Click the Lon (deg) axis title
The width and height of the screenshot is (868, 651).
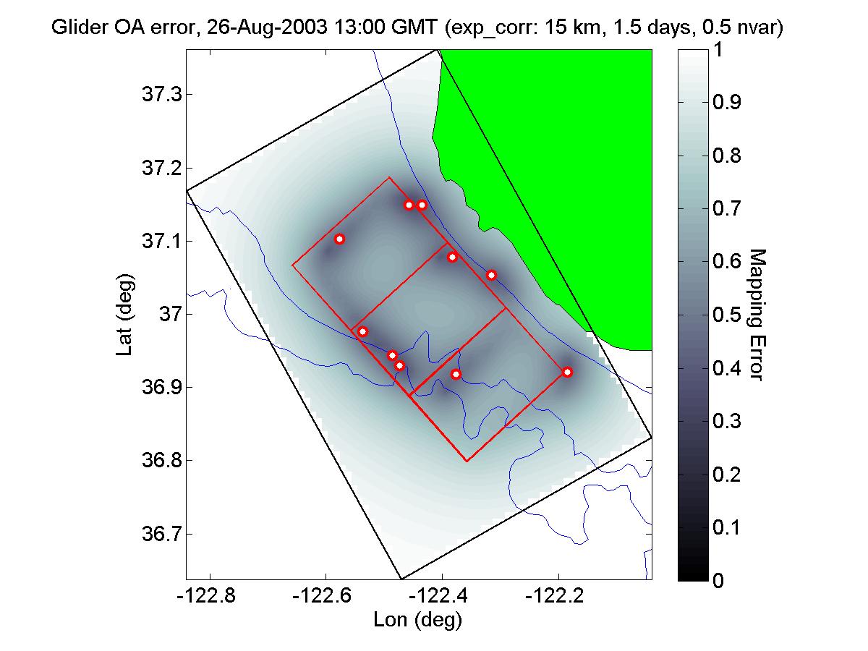(x=417, y=620)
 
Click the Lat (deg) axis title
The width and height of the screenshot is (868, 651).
(x=124, y=314)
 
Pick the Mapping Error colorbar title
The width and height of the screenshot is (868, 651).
(x=755, y=314)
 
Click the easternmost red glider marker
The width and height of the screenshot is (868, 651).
(x=568, y=372)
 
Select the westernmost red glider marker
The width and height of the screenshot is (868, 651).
(x=339, y=239)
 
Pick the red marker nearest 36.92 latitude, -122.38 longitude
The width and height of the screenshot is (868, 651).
(x=456, y=374)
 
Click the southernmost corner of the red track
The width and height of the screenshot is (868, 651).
(x=467, y=461)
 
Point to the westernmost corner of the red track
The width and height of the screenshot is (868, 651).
(x=292, y=265)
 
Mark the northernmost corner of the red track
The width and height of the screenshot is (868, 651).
(x=389, y=177)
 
